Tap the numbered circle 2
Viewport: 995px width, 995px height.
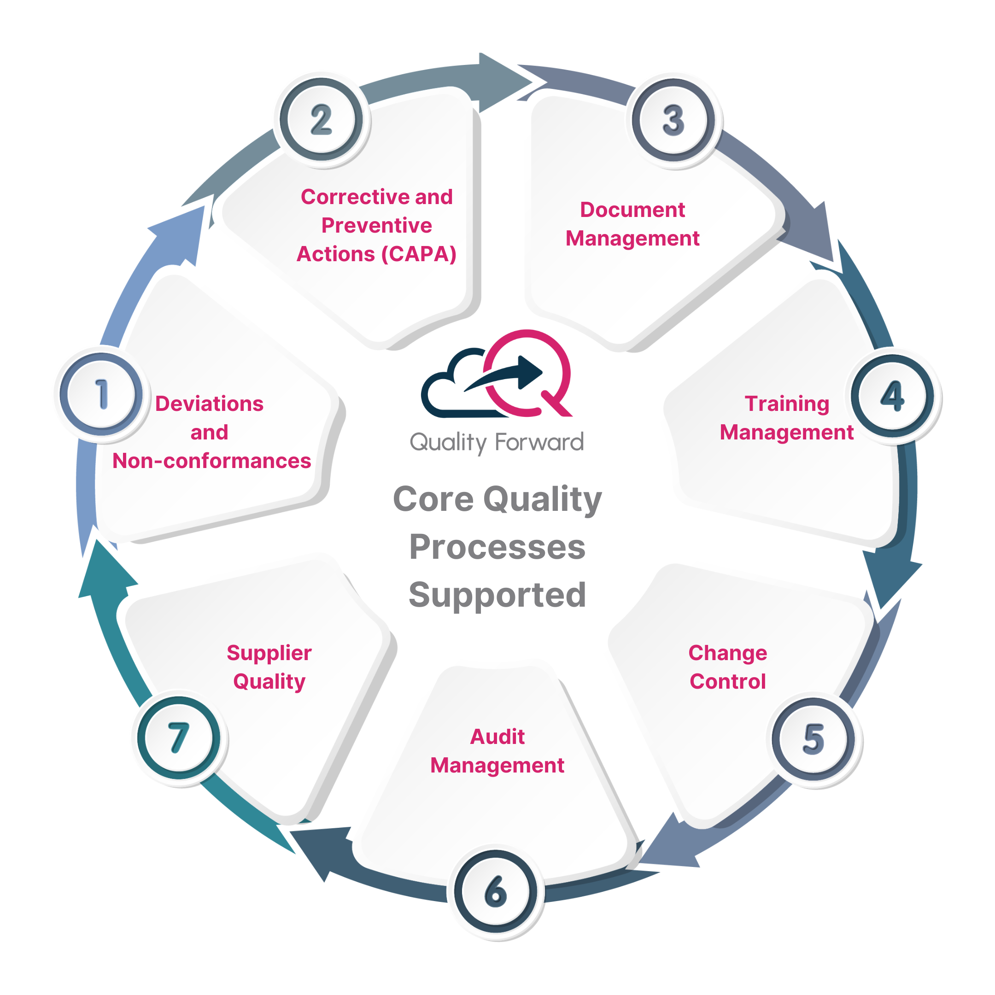[x=321, y=119]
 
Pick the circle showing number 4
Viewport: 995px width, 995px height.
[x=893, y=397]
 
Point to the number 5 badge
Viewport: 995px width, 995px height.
[x=813, y=739]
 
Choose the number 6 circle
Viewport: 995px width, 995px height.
[x=496, y=892]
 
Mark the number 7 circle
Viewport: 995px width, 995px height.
[x=178, y=737]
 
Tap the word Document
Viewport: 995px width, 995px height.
[x=632, y=210]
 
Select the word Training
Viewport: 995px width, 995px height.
[x=786, y=404]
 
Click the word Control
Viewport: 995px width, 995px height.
[x=727, y=681]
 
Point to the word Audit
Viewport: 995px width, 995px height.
[x=497, y=737]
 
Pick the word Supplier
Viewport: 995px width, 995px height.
[x=269, y=653]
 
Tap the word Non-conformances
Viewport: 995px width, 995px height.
[x=212, y=461]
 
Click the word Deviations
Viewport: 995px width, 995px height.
[x=209, y=404]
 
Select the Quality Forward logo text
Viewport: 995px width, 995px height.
[x=497, y=442]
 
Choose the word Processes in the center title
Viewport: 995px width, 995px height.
[x=497, y=547]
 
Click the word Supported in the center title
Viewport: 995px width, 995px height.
[x=497, y=595]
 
